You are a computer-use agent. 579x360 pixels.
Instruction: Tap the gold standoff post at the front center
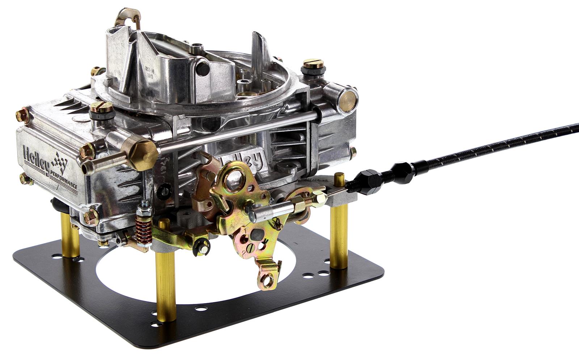[165, 279]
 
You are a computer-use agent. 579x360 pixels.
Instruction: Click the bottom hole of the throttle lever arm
[268, 280]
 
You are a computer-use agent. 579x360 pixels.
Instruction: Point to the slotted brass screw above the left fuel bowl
[101, 107]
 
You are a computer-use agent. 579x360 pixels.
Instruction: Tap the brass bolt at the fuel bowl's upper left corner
[23, 115]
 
